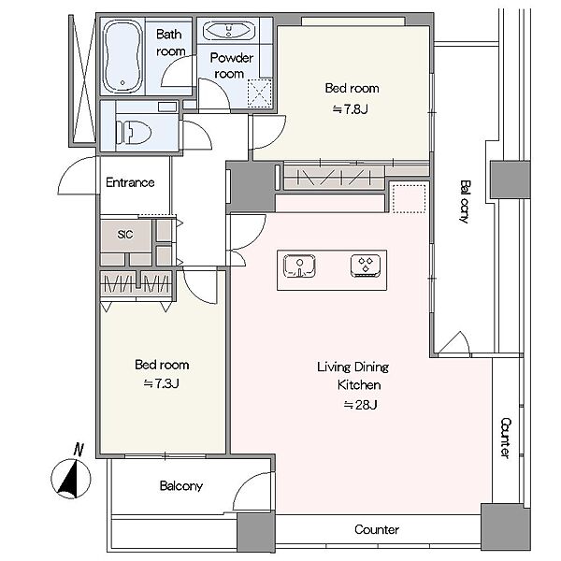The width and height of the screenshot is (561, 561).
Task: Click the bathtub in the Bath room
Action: tap(122, 56)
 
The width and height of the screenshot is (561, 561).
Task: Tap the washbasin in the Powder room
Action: tap(229, 31)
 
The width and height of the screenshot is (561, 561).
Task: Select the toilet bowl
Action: tap(134, 133)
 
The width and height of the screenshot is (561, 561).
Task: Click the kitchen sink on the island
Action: tap(299, 266)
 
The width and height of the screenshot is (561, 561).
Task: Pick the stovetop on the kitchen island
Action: tap(366, 266)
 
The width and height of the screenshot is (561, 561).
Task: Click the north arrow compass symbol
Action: tap(71, 472)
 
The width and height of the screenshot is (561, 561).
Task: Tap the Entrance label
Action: tap(130, 182)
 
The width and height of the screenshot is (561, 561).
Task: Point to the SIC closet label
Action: tap(125, 235)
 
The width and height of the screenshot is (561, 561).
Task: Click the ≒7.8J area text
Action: tap(350, 108)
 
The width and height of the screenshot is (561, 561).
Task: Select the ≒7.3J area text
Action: tap(161, 383)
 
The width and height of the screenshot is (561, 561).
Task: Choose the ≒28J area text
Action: tap(360, 405)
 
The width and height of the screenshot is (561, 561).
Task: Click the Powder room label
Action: tap(232, 65)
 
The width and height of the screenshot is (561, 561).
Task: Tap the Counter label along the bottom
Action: tap(377, 529)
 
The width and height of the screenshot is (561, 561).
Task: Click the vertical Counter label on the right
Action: tap(505, 438)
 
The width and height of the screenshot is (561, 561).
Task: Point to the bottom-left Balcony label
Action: tap(181, 485)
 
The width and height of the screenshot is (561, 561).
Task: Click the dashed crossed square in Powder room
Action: tap(259, 93)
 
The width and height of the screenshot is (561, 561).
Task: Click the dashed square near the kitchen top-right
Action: tap(410, 198)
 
